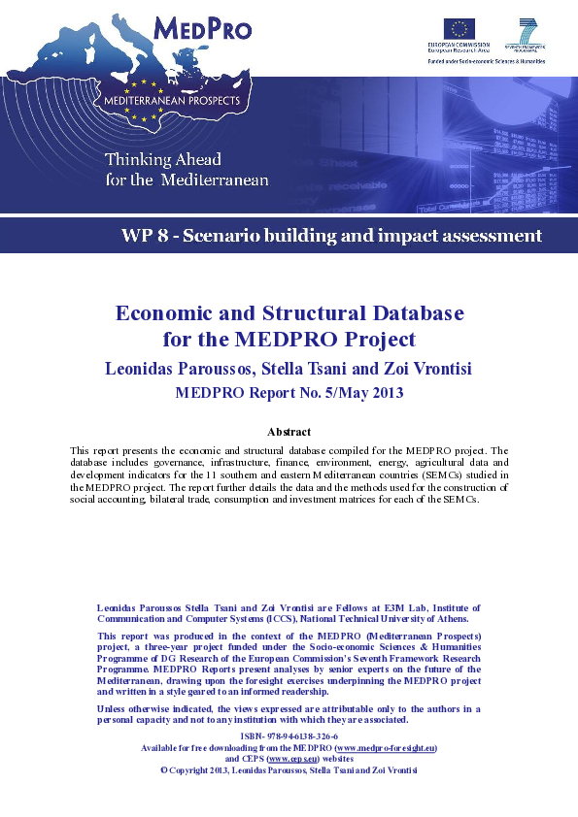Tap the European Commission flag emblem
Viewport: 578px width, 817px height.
point(459,28)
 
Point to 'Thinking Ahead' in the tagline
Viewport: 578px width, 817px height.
point(162,159)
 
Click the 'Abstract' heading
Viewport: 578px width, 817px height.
point(289,431)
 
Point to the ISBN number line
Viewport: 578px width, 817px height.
point(289,738)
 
